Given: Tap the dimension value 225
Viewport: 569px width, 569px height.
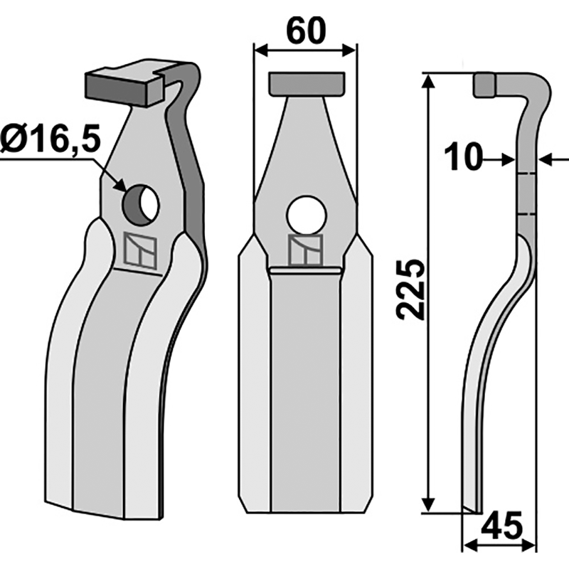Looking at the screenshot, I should [410, 290].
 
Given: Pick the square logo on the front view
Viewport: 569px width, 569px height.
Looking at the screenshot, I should [306, 250].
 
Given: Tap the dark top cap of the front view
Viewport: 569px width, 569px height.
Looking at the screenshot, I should [306, 83].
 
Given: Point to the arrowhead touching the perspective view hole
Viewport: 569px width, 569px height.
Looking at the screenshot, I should [120, 186].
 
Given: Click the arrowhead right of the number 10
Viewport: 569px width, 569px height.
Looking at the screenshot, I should [507, 160].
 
